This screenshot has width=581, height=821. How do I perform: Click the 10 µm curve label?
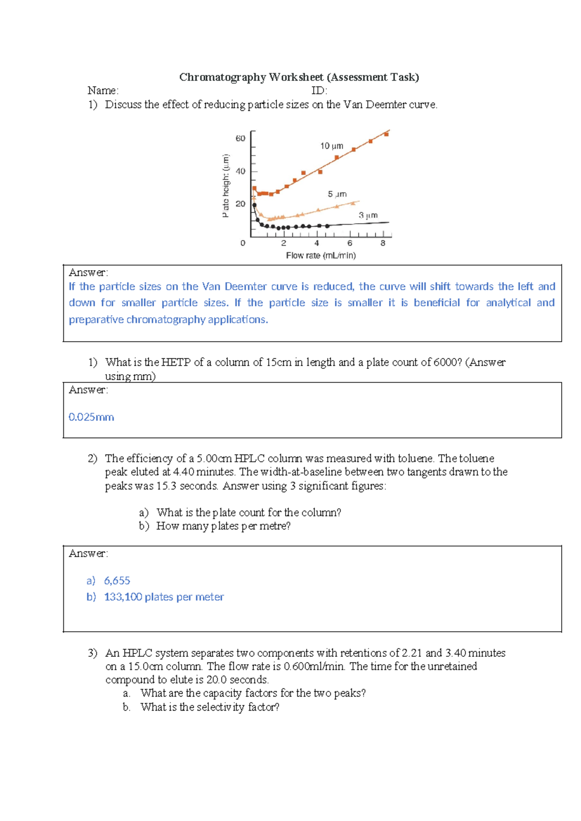332,146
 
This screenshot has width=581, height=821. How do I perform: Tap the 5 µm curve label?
337,194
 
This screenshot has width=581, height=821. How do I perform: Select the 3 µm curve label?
368,215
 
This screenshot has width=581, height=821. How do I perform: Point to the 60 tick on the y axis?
240,138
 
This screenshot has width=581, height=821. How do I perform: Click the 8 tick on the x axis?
383,243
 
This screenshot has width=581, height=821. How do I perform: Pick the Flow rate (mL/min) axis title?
321,256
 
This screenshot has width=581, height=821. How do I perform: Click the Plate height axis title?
225,185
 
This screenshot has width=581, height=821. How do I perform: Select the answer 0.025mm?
91,417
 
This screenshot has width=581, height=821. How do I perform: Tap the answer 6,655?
117,580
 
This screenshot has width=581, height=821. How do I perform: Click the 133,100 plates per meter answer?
164,597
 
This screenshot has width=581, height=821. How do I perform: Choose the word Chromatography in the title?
223,77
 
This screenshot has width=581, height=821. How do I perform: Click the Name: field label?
103,91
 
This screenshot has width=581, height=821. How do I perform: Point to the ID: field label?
319,91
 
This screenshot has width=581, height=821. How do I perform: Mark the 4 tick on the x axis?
317,243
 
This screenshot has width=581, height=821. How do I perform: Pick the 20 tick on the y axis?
240,204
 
